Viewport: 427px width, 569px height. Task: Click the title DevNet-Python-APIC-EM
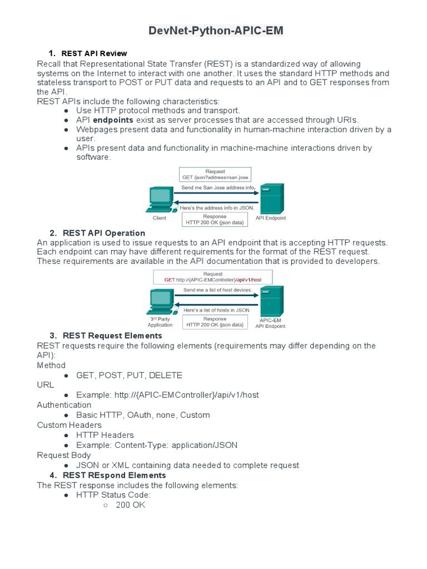pos(216,31)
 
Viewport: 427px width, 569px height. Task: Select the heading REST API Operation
pos(104,233)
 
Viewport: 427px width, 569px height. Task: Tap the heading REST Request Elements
pos(112,336)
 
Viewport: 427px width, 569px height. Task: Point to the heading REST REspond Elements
pos(115,475)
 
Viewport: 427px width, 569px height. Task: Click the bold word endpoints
pos(113,120)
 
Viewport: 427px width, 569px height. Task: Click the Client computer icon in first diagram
pos(160,200)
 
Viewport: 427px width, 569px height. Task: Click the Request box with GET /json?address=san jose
pos(215,174)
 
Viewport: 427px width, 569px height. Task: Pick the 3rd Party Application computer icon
pos(160,303)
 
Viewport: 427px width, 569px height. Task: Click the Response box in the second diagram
pos(215,322)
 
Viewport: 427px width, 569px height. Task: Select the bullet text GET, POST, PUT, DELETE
pos(129,375)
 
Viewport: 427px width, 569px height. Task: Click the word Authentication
pos(64,405)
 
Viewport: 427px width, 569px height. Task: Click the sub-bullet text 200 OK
pos(130,505)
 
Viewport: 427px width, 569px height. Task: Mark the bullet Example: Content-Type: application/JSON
pos(157,445)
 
